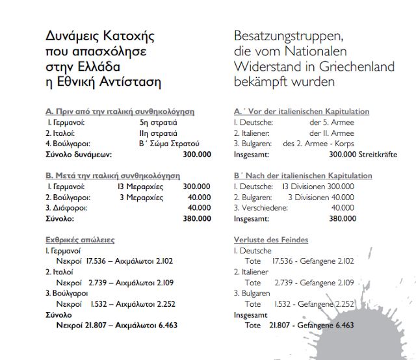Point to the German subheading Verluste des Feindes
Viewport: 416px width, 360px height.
pyautogui.click(x=271, y=240)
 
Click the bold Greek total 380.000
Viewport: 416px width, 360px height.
pyautogui.click(x=198, y=219)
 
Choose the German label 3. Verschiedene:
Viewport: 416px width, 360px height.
pyautogui.click(x=262, y=208)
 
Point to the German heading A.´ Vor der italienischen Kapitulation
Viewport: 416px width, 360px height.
pyautogui.click(x=302, y=112)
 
